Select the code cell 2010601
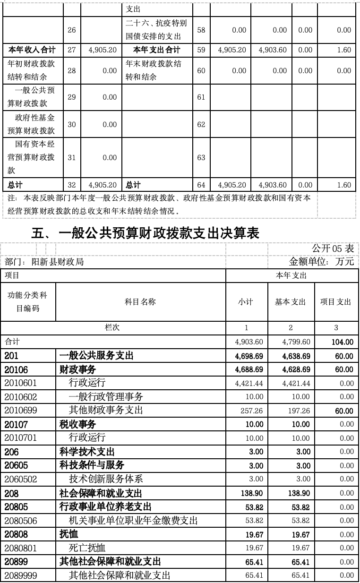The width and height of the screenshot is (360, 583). [x=21, y=383]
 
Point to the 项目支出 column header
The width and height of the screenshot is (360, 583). [x=336, y=302]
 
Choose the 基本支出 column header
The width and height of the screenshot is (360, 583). [x=291, y=302]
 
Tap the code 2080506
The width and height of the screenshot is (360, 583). [x=21, y=521]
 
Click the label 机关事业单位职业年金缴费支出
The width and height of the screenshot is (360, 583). [x=133, y=521]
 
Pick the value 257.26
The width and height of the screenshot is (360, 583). [x=249, y=411]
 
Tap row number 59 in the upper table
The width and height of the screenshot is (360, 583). [x=201, y=50]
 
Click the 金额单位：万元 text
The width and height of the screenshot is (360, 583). [x=321, y=262]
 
